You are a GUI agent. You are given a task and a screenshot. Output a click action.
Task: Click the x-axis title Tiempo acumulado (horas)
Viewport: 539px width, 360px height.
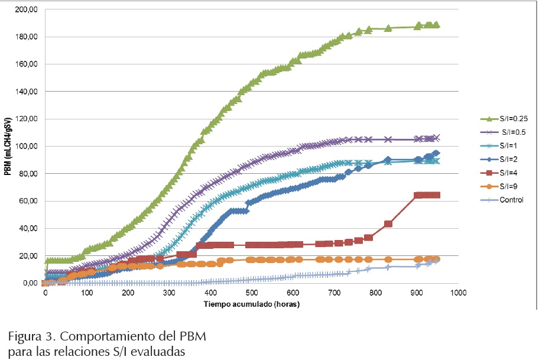(x=252, y=304)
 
